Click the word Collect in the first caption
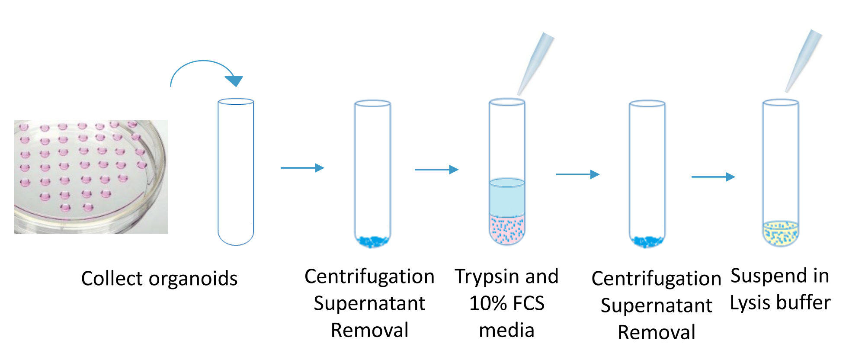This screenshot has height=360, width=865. (x=112, y=278)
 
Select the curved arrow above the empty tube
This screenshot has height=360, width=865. (x=203, y=69)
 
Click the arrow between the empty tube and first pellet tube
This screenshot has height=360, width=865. (x=302, y=168)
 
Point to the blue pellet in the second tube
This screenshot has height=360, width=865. (x=372, y=241)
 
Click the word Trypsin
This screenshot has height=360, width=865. (x=484, y=277)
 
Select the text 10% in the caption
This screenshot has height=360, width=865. (x=488, y=303)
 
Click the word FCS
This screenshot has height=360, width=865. (x=529, y=303)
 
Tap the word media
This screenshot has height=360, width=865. (x=506, y=331)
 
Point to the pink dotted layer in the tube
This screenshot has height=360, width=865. (x=507, y=229)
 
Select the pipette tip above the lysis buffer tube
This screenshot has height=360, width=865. (x=803, y=61)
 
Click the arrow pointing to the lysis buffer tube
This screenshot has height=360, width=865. (x=713, y=177)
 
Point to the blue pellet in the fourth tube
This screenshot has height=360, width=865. (x=647, y=241)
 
